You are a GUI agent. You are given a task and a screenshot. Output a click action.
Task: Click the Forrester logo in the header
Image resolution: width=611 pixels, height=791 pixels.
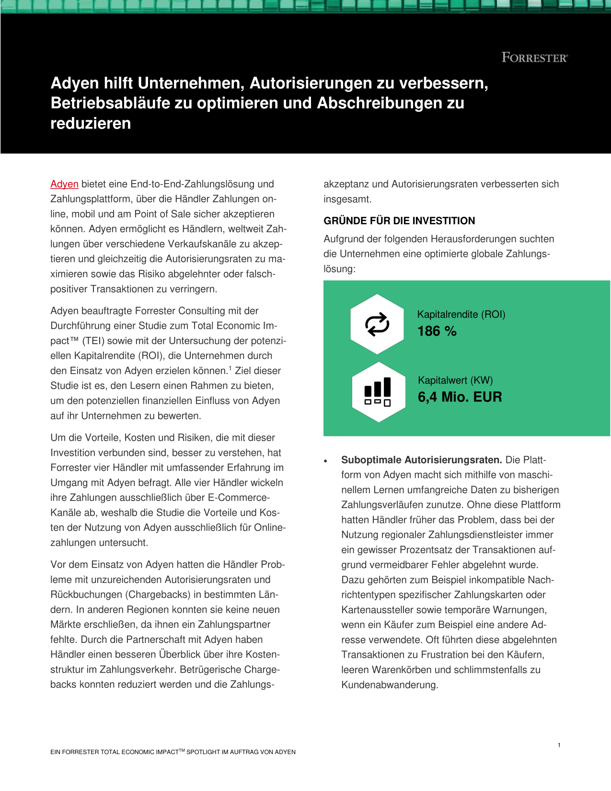point(534,58)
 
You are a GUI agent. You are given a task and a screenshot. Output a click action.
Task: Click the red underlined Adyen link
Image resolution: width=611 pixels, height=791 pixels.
point(64,184)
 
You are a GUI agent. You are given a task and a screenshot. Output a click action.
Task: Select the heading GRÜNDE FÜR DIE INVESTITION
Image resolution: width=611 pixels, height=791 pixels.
point(399,221)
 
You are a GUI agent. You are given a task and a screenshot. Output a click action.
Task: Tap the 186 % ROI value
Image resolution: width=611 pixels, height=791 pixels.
point(437,331)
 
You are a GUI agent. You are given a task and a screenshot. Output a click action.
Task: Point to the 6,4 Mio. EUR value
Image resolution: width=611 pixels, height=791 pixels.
point(460,397)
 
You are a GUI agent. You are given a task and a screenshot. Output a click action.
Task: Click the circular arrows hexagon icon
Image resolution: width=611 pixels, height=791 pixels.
point(377,325)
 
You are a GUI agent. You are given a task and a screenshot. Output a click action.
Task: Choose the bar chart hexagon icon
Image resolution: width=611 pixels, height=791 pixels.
point(378,392)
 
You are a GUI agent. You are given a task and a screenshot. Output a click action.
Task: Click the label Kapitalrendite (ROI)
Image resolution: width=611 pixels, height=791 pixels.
point(461,314)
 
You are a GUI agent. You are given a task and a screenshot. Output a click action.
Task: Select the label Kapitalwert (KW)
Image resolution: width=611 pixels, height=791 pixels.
point(455,380)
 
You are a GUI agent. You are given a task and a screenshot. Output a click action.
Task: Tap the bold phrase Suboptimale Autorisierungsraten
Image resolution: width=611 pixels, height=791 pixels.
point(421,460)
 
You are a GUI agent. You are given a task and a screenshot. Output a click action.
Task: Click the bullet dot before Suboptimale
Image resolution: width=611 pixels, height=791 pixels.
point(326,461)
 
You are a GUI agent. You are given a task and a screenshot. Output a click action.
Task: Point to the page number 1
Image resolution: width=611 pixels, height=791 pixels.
point(559,745)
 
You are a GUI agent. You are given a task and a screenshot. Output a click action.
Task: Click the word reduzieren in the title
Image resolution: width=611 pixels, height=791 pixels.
point(91,124)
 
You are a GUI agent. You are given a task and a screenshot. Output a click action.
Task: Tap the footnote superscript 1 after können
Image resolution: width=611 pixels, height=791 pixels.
point(230,368)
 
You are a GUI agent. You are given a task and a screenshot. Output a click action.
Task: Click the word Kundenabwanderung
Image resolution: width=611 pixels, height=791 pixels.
point(389,685)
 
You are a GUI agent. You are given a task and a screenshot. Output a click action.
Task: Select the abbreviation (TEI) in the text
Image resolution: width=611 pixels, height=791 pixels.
point(93,341)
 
